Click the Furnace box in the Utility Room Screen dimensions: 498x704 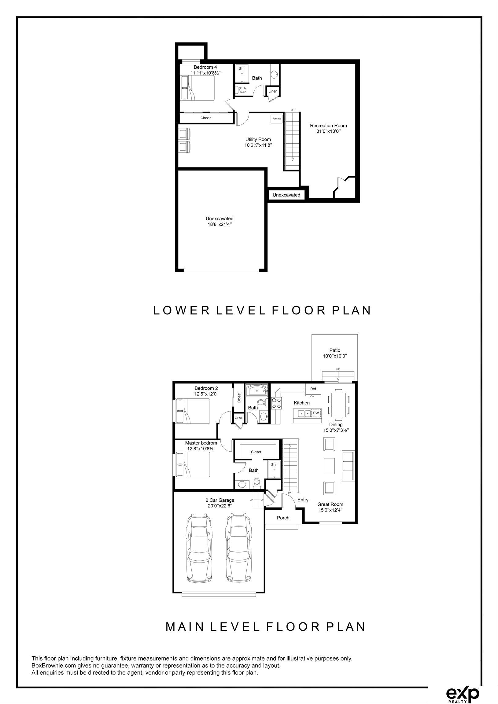(x=276, y=119)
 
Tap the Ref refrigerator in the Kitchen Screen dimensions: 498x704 (x=313, y=389)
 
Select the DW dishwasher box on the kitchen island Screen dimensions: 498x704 (x=316, y=413)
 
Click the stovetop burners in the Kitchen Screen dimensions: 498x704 (x=276, y=403)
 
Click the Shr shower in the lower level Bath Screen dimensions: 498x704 (x=242, y=74)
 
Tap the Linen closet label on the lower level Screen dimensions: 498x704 (x=273, y=91)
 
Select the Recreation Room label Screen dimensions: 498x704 (x=328, y=125)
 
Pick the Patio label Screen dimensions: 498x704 (x=335, y=350)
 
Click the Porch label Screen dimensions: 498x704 (x=283, y=518)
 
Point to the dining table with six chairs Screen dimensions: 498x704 (x=338, y=405)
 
